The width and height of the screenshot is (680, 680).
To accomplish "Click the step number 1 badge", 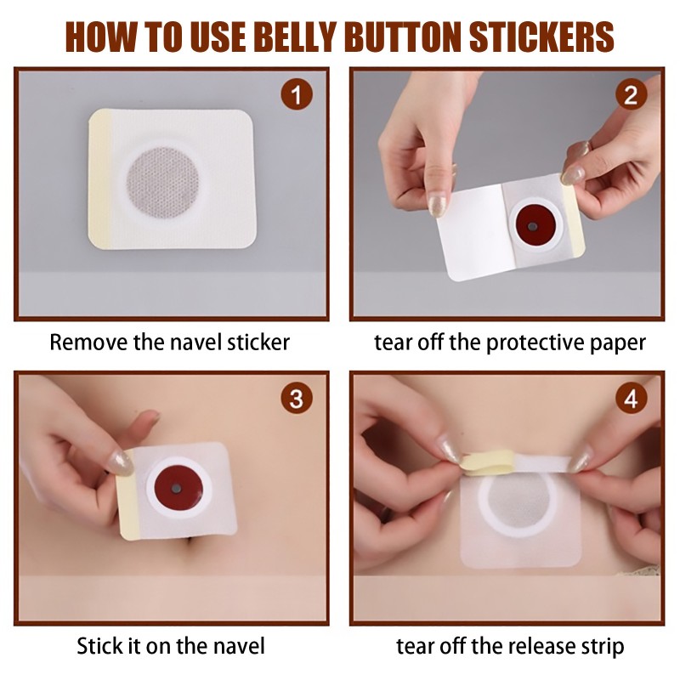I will pos(296,95).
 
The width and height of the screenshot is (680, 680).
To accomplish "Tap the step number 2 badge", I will pos(630,95).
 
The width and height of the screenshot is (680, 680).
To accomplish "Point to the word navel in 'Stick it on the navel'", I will pos(239,646).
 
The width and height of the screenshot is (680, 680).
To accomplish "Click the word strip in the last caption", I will pos(600,646).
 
